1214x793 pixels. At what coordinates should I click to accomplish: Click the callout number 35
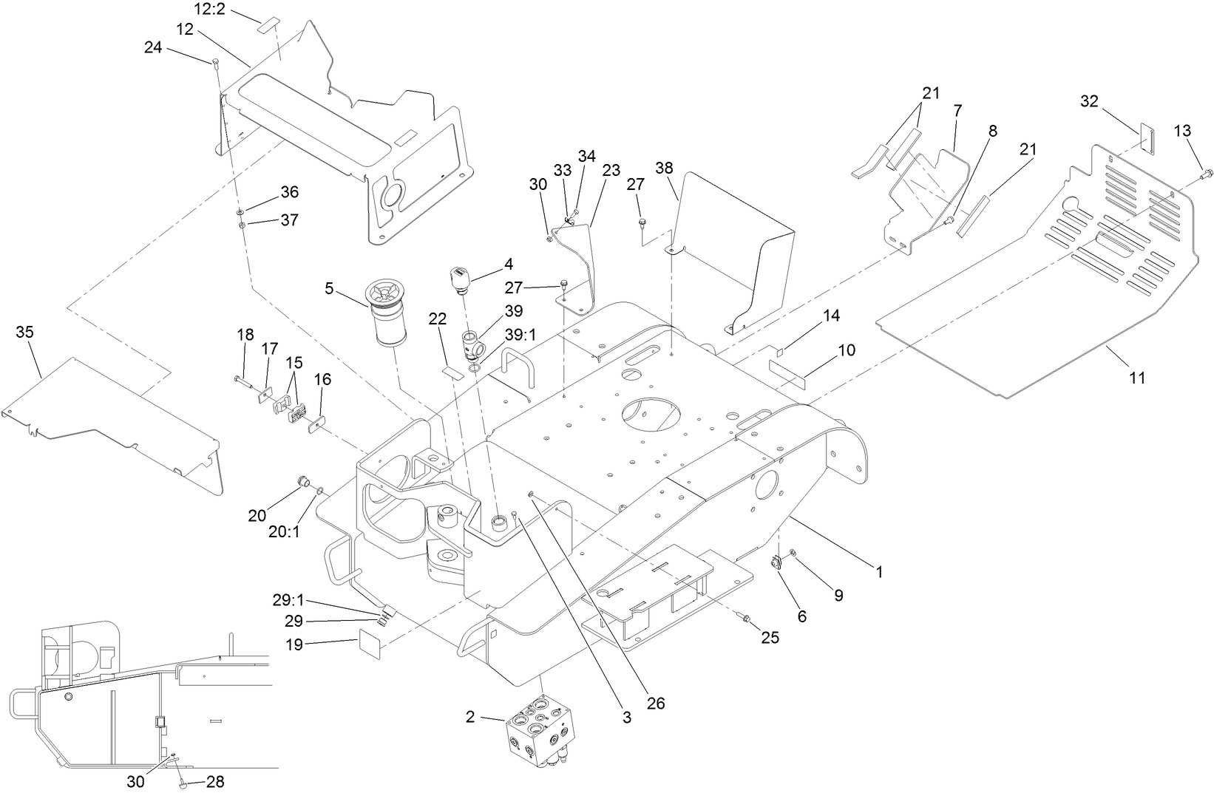click(x=25, y=333)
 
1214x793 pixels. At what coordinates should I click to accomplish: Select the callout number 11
click(x=1137, y=378)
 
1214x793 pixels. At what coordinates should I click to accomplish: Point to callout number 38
click(x=665, y=168)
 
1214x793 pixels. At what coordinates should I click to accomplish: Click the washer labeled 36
click(x=241, y=212)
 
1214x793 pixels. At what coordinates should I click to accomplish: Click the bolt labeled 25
click(x=747, y=618)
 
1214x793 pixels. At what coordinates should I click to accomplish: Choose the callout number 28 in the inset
click(x=215, y=781)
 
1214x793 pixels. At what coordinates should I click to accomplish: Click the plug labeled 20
click(x=302, y=483)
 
